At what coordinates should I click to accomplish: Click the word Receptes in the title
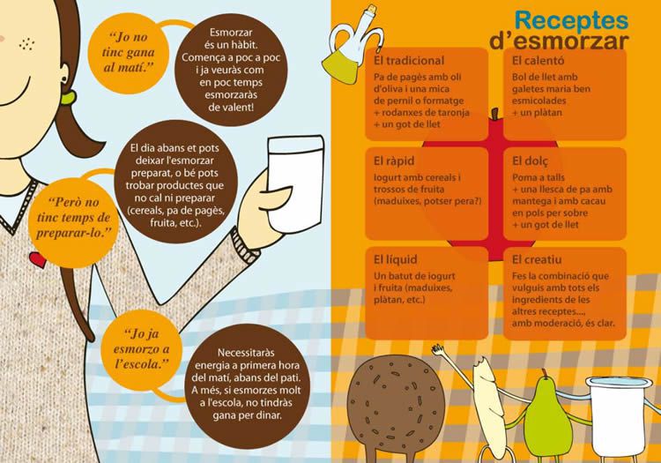[571, 21]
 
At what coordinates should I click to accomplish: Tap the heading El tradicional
[408, 61]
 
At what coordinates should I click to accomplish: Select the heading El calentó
[538, 61]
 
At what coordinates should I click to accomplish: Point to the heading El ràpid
[394, 161]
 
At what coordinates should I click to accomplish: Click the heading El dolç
[531, 161]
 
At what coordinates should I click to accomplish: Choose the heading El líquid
[396, 260]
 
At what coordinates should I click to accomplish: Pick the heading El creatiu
[537, 259]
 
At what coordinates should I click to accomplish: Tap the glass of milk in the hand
[295, 184]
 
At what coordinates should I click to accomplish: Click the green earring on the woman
[68, 98]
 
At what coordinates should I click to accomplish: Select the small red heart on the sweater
[38, 260]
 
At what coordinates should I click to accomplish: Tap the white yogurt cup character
[617, 416]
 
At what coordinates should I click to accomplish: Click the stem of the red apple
[495, 114]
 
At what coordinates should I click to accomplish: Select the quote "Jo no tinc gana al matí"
[128, 52]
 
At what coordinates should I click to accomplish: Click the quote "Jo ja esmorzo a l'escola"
[141, 348]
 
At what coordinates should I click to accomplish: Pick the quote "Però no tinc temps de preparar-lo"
[73, 217]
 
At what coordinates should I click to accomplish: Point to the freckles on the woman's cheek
[26, 43]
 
